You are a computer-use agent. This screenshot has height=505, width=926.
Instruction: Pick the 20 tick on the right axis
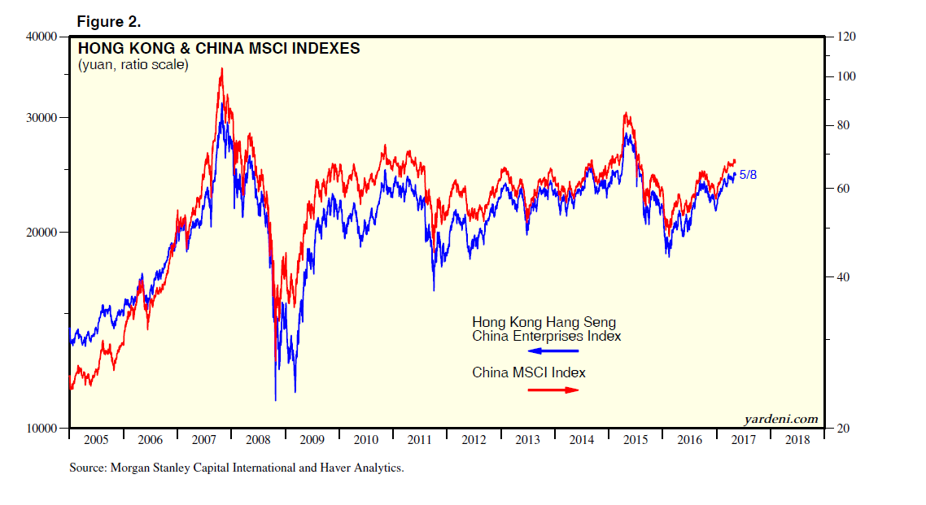click(x=837, y=428)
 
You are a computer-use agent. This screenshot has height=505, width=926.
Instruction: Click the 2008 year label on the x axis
click(x=258, y=440)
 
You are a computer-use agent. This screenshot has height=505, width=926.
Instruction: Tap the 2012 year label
click(x=474, y=440)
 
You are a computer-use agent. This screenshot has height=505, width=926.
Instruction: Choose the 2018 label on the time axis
click(x=797, y=440)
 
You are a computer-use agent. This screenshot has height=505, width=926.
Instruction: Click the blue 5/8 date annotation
click(x=748, y=174)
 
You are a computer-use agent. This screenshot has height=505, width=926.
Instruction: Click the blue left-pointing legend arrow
click(x=553, y=351)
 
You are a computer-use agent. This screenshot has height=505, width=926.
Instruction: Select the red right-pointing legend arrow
click(x=553, y=390)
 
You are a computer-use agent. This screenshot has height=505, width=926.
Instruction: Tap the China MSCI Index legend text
click(x=529, y=372)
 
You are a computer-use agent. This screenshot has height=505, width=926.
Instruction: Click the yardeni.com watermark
click(x=780, y=419)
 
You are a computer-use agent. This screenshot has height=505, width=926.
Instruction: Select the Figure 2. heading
click(x=108, y=20)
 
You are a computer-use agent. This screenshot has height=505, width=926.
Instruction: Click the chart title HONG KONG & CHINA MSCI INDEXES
click(x=218, y=49)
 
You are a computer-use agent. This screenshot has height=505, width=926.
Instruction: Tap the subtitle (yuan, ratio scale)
click(x=133, y=64)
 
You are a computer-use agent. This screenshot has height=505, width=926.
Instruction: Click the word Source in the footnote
click(x=88, y=468)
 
